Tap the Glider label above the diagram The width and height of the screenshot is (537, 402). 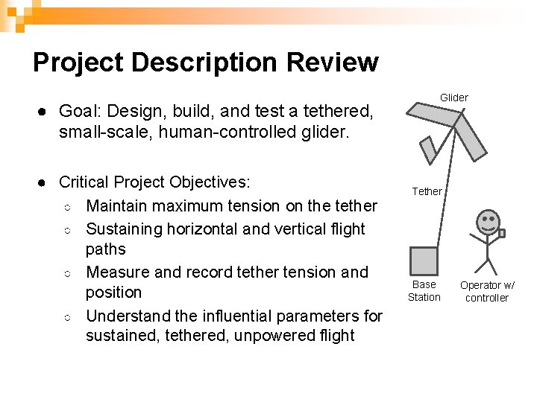click(x=453, y=98)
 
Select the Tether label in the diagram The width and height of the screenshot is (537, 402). click(x=427, y=191)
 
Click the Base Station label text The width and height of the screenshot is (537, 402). click(x=424, y=290)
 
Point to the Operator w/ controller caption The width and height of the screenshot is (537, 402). click(x=486, y=291)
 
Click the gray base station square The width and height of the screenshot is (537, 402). click(x=424, y=261)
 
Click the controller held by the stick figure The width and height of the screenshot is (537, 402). click(x=502, y=233)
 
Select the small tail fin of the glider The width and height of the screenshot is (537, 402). click(x=427, y=151)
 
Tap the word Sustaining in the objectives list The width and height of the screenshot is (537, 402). click(x=123, y=229)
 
